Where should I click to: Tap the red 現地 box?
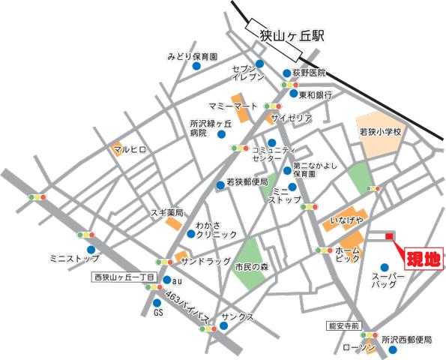click(424, 259)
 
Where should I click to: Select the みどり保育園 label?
click(192, 56)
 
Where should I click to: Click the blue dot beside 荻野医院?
click(287, 73)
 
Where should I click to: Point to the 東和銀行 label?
click(316, 95)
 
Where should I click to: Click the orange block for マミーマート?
click(238, 102)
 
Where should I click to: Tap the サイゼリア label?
click(292, 118)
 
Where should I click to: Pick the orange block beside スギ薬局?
click(174, 223)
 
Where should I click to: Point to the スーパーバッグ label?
click(388, 281)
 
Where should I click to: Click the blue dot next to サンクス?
click(223, 326)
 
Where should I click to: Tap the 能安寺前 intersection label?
click(345, 325)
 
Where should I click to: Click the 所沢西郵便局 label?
click(407, 340)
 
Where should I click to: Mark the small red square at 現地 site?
click(389, 238)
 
